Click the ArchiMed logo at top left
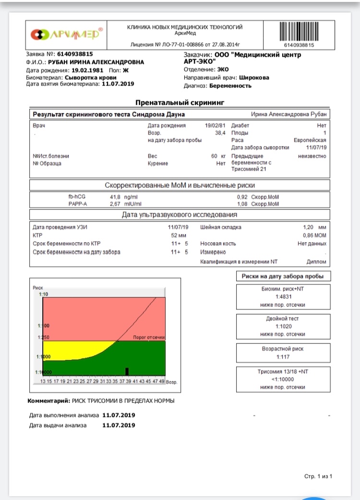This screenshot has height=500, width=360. pos(67,35)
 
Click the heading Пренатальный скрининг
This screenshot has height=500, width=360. pos(180,102)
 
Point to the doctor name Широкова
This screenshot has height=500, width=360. pos(254,77)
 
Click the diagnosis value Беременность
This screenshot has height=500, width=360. pos(230,86)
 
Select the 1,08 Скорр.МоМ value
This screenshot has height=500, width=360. pos(258,204)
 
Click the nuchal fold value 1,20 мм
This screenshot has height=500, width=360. pos(314,227)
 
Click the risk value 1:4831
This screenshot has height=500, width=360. pos(283,297)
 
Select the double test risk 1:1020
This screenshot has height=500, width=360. pos(283,327)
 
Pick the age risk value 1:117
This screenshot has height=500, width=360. pos(283,357)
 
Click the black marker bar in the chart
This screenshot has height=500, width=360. pos(127,371)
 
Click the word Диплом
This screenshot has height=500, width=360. pos(316,262)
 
